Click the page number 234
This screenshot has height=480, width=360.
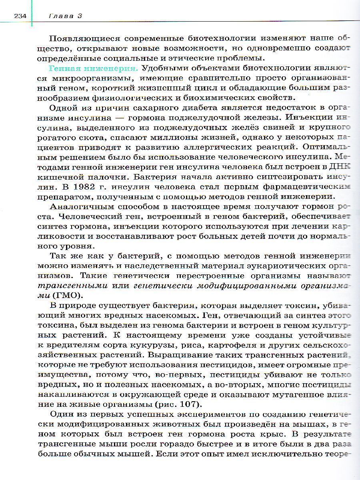[20, 16]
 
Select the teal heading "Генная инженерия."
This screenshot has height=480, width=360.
[94, 68]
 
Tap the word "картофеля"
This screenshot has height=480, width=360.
[264, 344]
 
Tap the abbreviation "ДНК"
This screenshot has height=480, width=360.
[340, 167]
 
